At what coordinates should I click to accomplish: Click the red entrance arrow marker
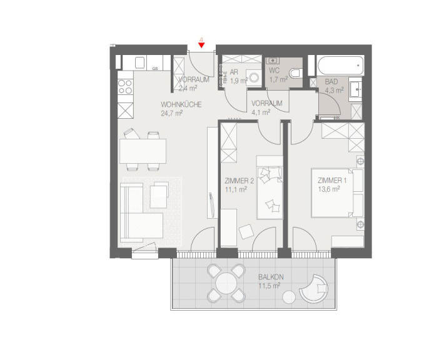[201, 46]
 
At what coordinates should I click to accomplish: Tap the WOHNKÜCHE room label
[181, 104]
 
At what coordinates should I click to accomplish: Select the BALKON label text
[271, 277]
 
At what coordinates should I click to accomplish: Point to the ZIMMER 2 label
[239, 181]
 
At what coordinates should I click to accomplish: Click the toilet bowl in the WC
[295, 73]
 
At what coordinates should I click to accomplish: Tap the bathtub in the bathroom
[341, 66]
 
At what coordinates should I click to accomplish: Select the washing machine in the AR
[254, 77]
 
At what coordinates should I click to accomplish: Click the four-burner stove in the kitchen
[125, 87]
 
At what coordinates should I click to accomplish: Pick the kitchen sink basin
[140, 62]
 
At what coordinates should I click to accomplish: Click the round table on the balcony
[226, 283]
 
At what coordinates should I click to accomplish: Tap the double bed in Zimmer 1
[332, 193]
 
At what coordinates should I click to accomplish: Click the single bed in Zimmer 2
[270, 187]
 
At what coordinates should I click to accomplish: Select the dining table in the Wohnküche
[143, 151]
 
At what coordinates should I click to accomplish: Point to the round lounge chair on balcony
[313, 288]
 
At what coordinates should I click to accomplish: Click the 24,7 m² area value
[171, 113]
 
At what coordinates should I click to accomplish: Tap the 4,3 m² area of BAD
[335, 90]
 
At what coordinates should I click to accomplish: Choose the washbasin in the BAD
[355, 87]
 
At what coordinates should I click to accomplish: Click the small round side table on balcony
[289, 297]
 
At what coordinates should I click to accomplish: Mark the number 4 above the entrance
[201, 40]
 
